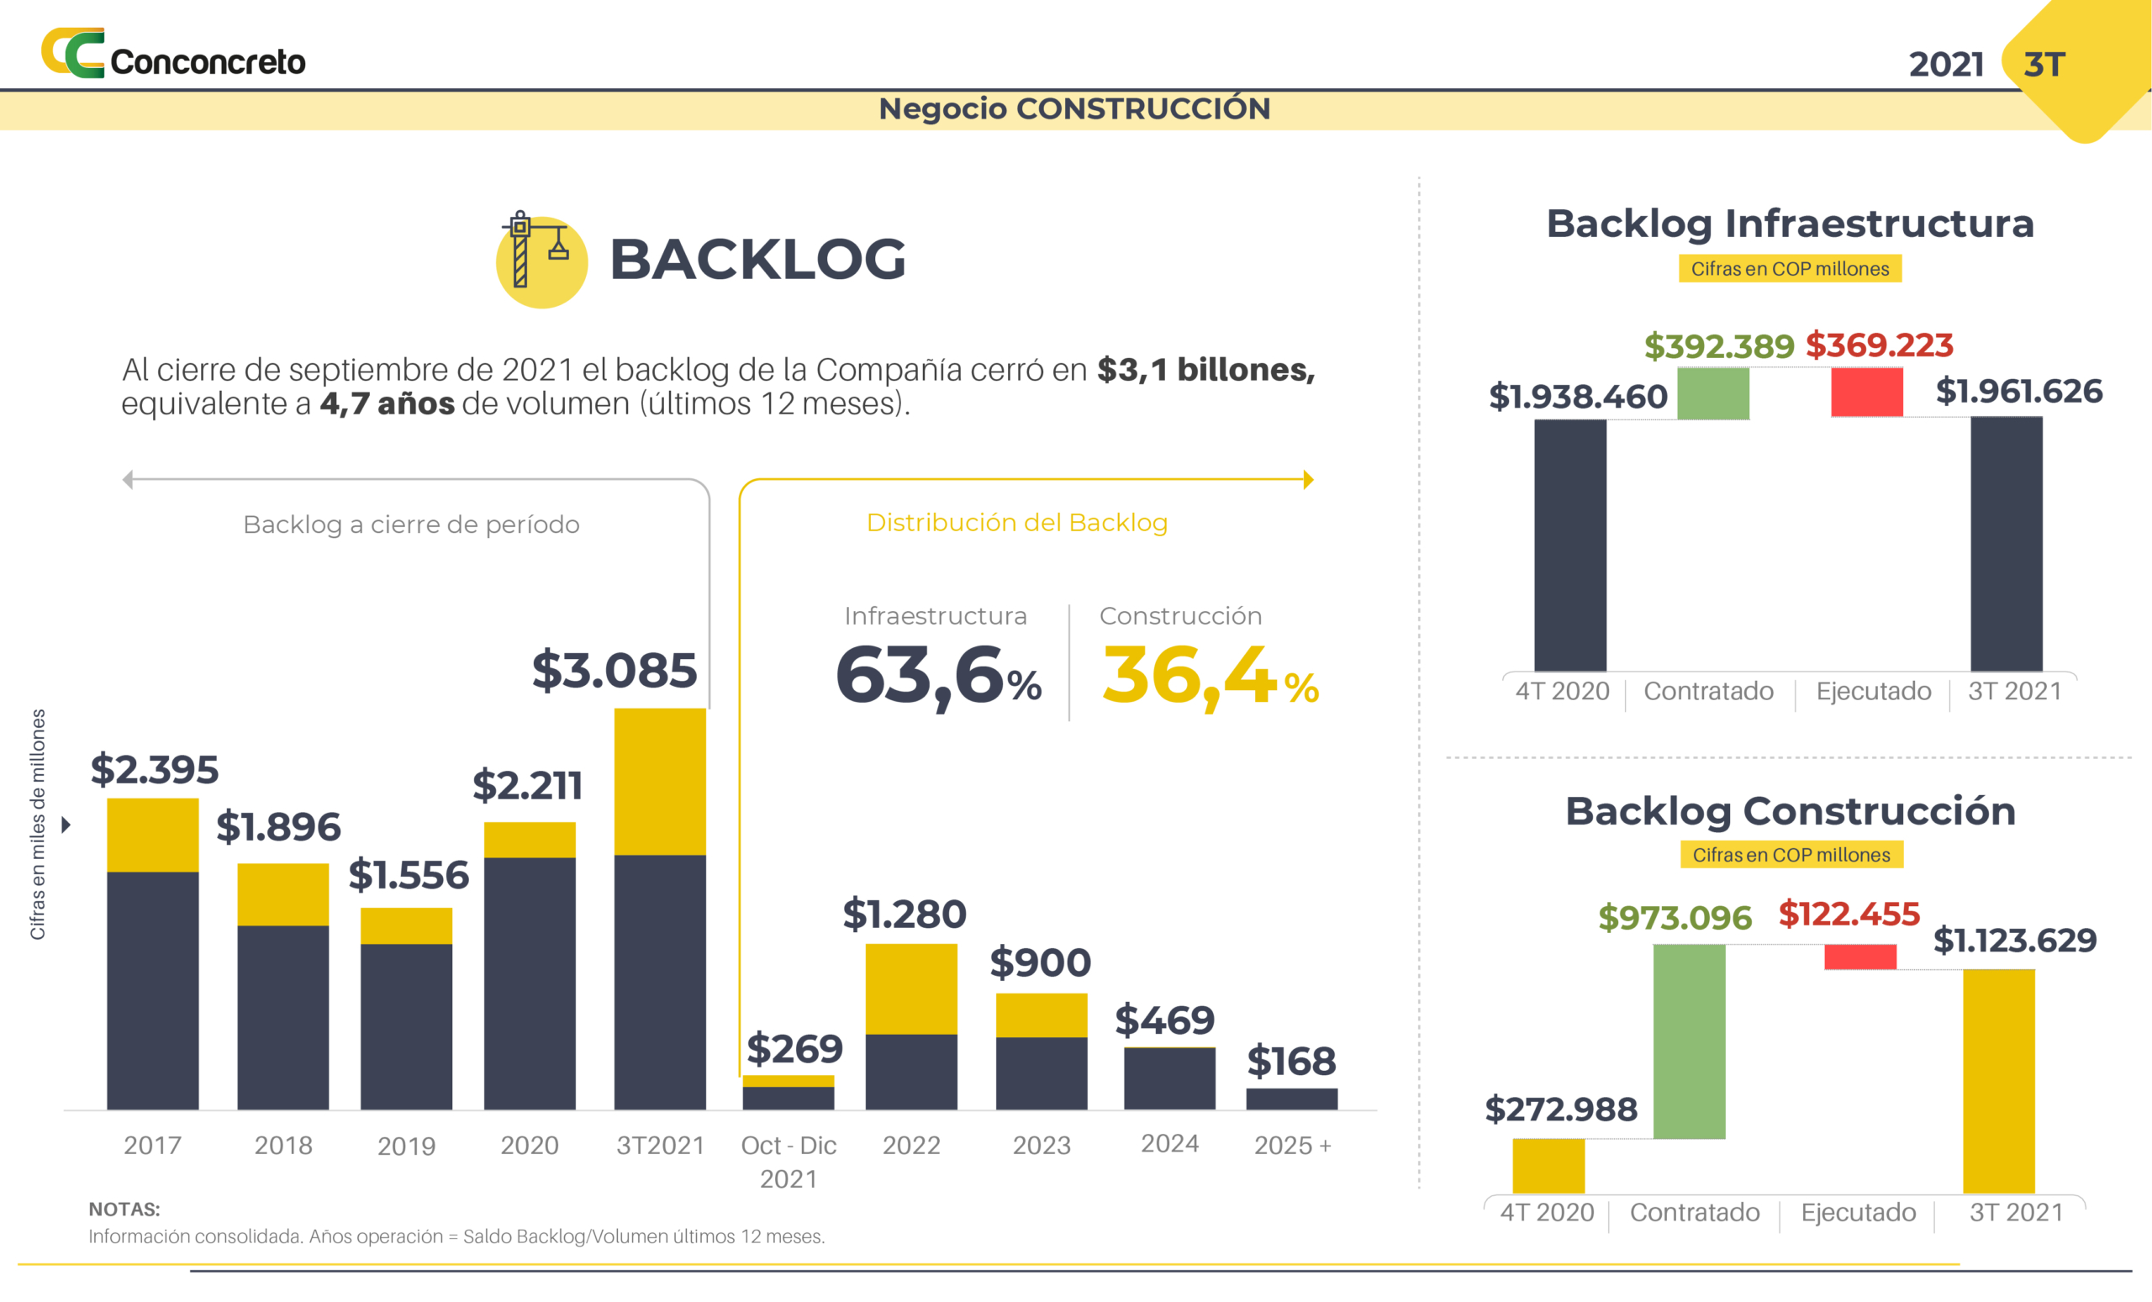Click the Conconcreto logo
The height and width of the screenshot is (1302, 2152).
coord(173,54)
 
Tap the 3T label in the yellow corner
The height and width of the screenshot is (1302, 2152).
coord(2044,65)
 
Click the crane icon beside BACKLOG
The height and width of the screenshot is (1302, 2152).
coord(541,259)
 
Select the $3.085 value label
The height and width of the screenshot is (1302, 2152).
coord(614,671)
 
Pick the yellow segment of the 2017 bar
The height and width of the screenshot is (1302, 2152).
coord(153,835)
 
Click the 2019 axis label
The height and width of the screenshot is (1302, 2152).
coord(406,1146)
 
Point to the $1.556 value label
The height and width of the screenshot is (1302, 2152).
coord(408,875)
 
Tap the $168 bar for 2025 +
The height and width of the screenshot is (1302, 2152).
coord(1291,1099)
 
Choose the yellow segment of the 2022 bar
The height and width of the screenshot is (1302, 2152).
coord(911,988)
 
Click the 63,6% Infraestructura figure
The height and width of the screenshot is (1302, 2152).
coord(938,676)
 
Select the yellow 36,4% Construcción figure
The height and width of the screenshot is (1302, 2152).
coord(1210,676)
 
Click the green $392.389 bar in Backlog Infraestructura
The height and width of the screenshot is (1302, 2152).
coord(1712,394)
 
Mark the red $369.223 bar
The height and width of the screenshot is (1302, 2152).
coord(1866,392)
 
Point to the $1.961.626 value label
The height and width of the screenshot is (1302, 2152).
coord(2018,391)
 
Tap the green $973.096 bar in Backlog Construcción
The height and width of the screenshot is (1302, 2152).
coord(1689,1041)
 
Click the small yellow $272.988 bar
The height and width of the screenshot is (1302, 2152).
coord(1548,1166)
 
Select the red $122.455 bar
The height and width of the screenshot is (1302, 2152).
coord(1859,957)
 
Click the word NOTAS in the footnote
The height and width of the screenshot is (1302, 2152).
coord(124,1210)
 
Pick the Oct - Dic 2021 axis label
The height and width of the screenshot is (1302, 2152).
coord(788,1162)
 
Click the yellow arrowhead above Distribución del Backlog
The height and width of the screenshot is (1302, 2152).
coord(1307,479)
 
